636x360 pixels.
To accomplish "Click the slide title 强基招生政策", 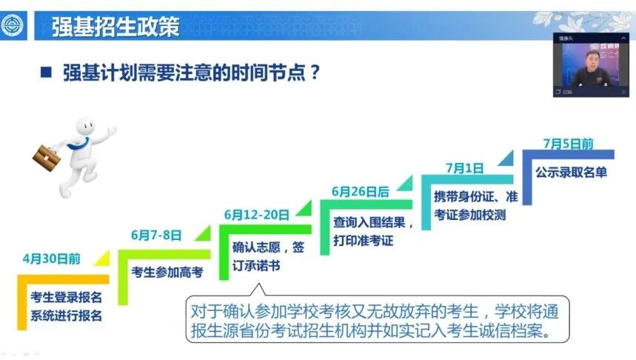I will tap(116, 27).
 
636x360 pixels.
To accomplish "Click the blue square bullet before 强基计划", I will tap(46, 73).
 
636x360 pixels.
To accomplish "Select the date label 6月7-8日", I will tap(156, 235).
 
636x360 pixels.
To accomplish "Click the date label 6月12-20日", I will tap(256, 215).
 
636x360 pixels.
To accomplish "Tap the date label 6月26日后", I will tap(360, 191).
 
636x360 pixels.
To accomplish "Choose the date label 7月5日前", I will tap(568, 143).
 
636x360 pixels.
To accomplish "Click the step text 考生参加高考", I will tap(167, 272).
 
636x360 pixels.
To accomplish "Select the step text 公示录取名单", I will tap(571, 173).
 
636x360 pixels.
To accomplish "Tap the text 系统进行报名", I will tap(66, 316).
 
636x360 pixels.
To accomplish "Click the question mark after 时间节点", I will tap(315, 73).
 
